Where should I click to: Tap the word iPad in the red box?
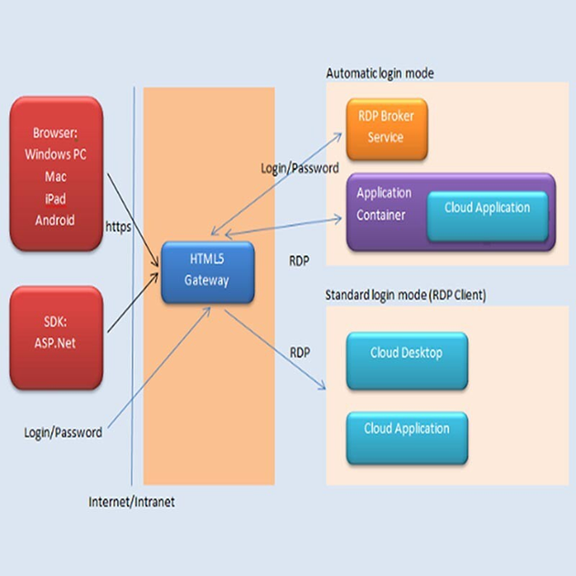(55, 197)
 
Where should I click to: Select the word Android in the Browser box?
(55, 219)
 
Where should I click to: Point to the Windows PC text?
(55, 154)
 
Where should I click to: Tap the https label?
(119, 225)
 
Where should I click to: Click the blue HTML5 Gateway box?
(207, 272)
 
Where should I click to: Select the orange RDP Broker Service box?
(385, 129)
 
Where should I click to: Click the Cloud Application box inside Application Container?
(486, 208)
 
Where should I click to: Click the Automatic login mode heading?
(379, 73)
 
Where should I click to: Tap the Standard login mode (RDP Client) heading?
(406, 295)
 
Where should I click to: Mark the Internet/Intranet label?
(132, 502)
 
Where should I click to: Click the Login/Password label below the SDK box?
(63, 432)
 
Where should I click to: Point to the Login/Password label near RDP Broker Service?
(300, 168)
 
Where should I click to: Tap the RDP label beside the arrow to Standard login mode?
(300, 352)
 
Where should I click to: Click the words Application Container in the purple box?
(384, 204)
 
